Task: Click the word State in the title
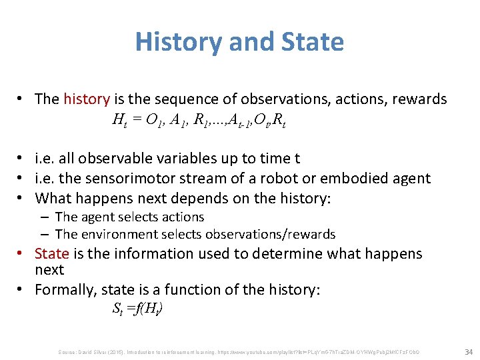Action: coord(313,42)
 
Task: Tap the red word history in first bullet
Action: coord(87,99)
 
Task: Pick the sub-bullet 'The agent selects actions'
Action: coord(129,217)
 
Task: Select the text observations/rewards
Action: coord(272,234)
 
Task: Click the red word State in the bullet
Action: coord(51,253)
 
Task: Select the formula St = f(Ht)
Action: coord(137,309)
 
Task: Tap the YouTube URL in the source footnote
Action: coord(314,351)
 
